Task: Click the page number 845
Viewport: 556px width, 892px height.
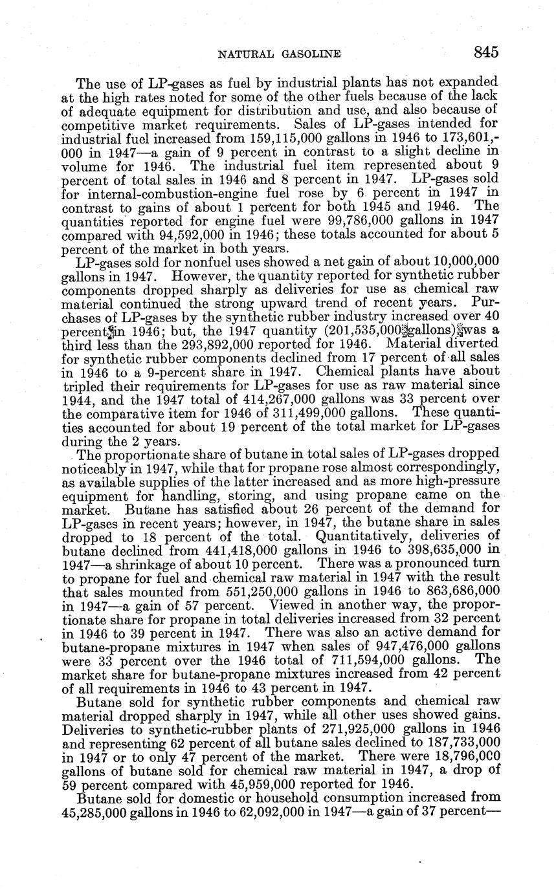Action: pos(485,52)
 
